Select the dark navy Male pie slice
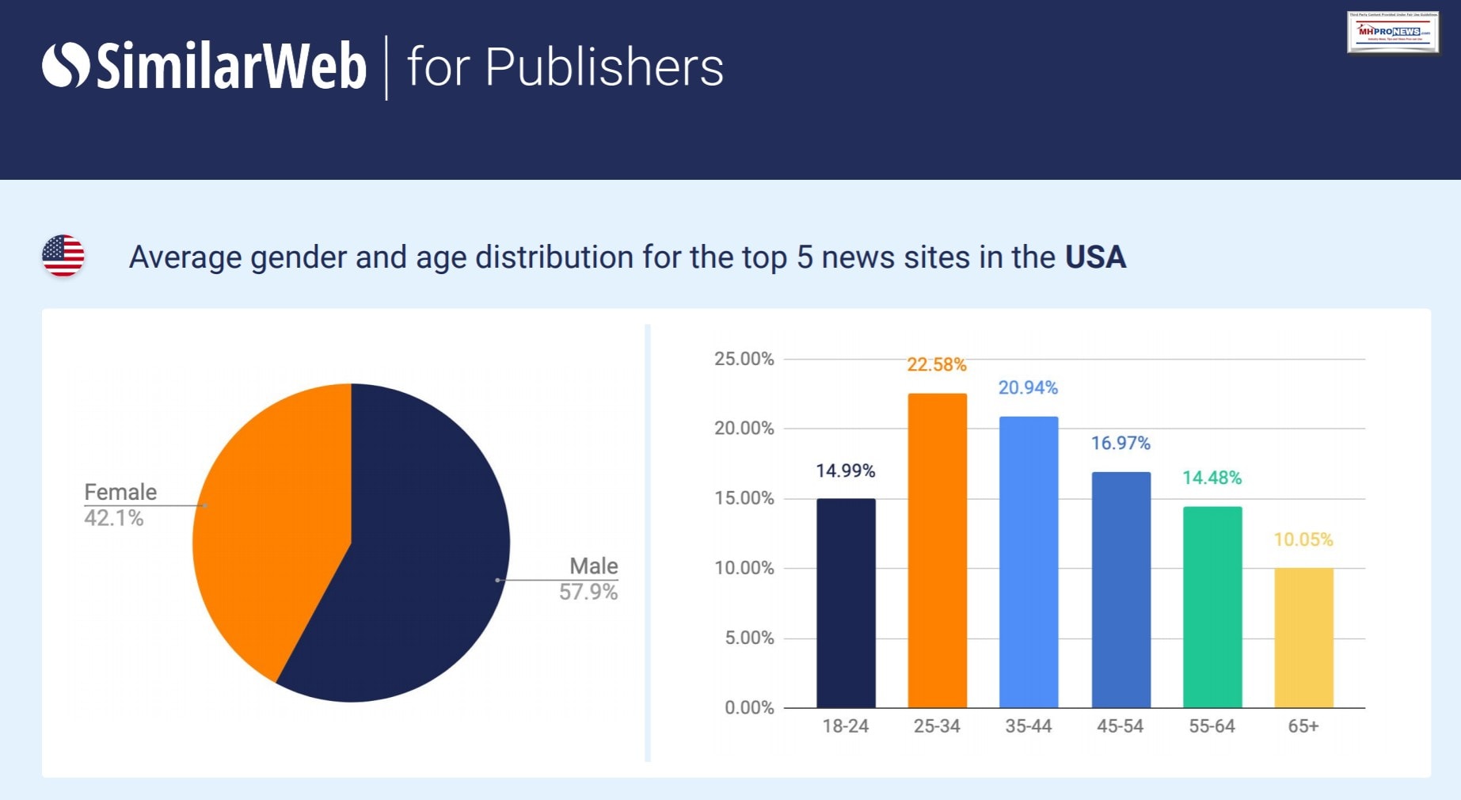(420, 554)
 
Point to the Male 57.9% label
(589, 579)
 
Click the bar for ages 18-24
(846, 603)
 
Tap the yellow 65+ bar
(1303, 638)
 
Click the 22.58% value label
(937, 364)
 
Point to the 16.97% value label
(1120, 443)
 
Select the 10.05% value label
(1303, 539)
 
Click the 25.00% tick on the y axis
(744, 359)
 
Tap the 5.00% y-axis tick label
(749, 638)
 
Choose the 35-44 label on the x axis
(1029, 726)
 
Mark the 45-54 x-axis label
(1120, 726)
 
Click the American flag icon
(63, 256)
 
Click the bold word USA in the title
(1095, 257)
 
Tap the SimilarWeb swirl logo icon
(66, 65)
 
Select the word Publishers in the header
(604, 67)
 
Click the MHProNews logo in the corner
(1393, 32)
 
